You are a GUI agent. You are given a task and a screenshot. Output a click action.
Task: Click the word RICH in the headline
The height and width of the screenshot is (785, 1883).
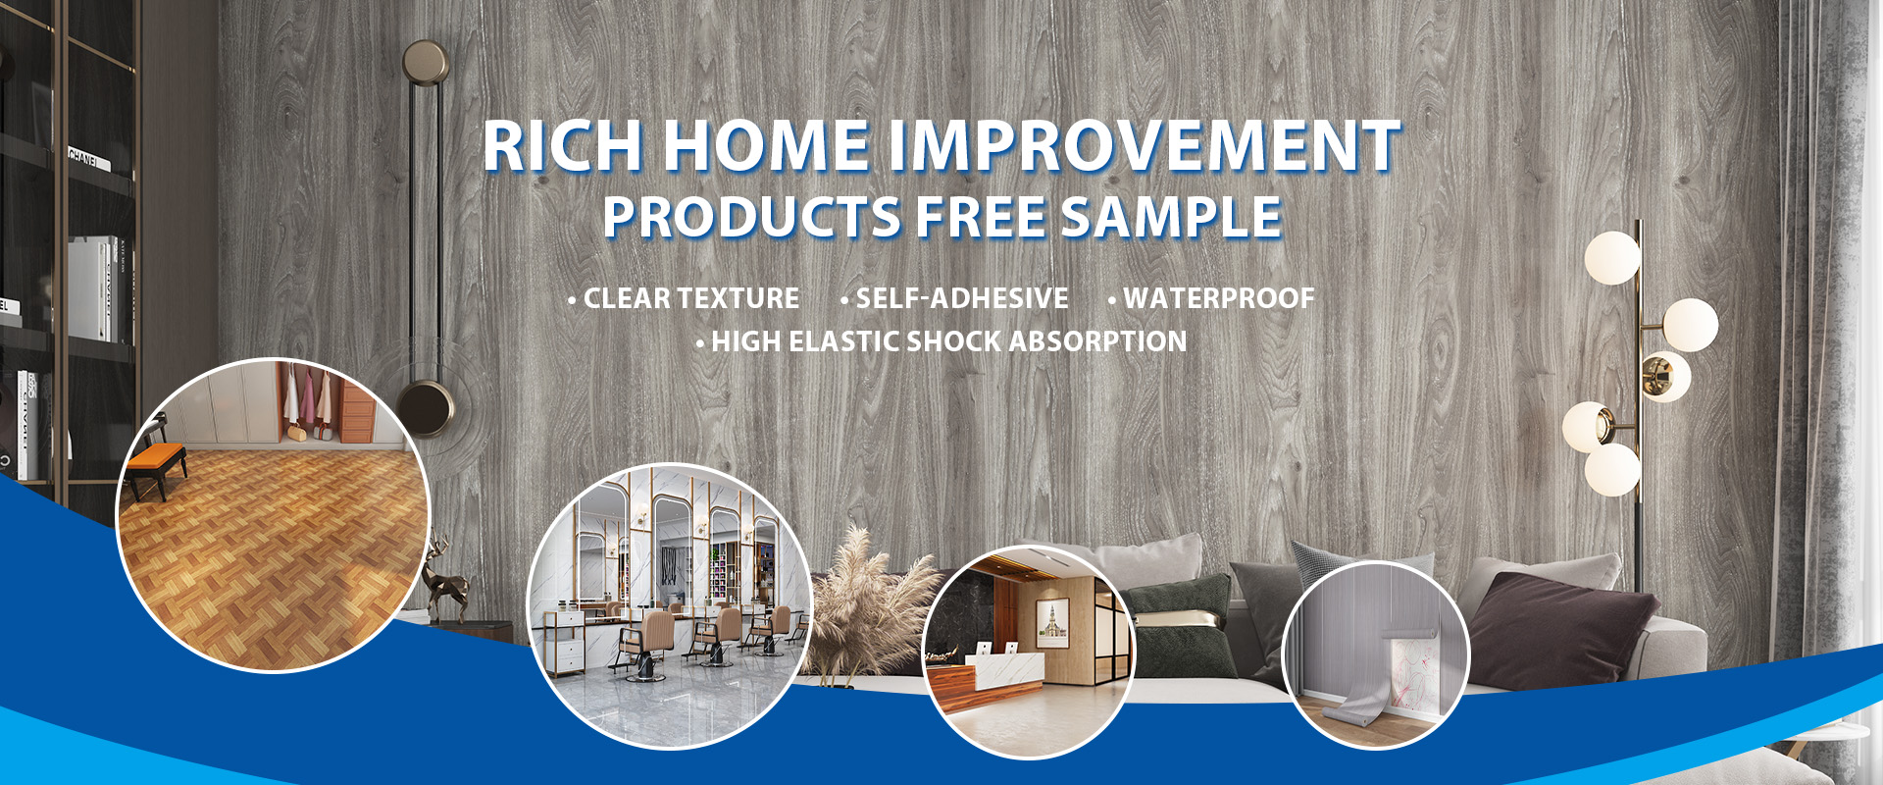tap(562, 146)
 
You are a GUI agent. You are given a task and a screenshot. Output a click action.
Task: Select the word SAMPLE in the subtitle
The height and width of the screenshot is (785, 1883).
tap(1171, 217)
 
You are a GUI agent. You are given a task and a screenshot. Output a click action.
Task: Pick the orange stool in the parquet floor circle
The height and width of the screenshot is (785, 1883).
tap(157, 461)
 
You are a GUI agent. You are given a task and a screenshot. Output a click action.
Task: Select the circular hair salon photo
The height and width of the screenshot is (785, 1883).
tap(670, 605)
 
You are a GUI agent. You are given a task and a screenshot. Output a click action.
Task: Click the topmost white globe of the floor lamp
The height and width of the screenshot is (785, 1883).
tap(1611, 258)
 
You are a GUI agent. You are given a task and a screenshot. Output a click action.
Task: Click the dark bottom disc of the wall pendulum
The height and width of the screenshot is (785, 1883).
tap(425, 406)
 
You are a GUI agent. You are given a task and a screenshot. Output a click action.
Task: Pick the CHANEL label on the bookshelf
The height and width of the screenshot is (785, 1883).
tap(82, 157)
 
